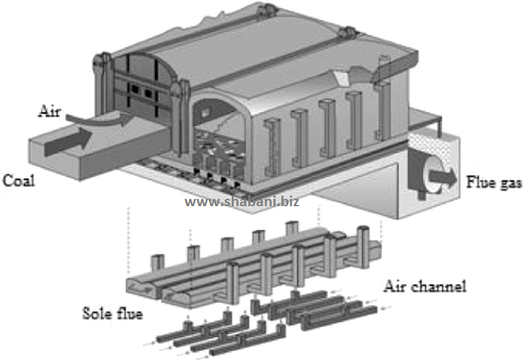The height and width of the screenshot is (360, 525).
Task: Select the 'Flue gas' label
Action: [493, 181]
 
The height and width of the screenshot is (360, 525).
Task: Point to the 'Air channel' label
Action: [425, 286]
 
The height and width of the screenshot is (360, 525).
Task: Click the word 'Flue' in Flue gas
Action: [480, 180]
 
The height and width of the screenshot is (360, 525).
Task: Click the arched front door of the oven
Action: [143, 93]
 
